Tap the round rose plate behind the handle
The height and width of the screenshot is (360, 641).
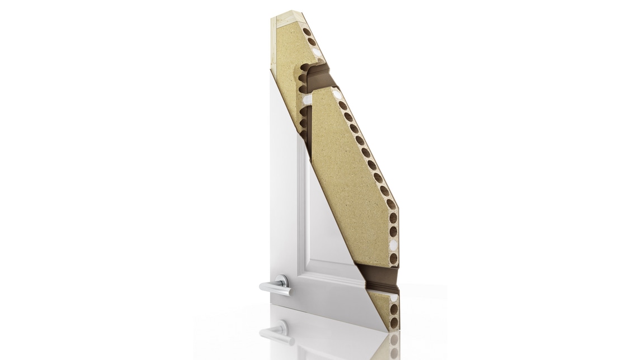pyautogui.click(x=284, y=281)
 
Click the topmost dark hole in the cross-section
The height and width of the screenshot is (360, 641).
pyautogui.click(x=307, y=32)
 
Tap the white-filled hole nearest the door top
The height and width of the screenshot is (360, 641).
pyautogui.click(x=317, y=52)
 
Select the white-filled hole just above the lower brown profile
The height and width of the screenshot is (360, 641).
pyautogui.click(x=393, y=245)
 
